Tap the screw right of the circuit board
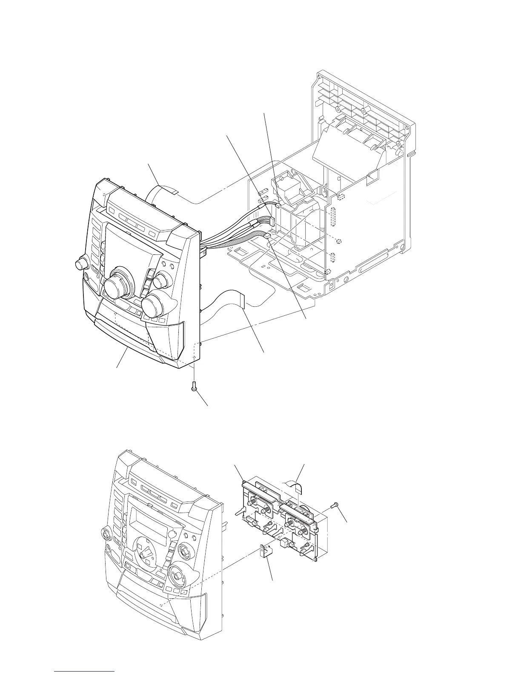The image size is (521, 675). click(334, 505)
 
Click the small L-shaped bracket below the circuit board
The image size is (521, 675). click(265, 552)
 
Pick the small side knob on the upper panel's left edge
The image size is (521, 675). click(80, 265)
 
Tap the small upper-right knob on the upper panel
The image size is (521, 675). click(161, 281)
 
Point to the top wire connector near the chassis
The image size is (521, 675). click(278, 205)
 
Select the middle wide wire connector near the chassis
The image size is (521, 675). click(271, 222)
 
